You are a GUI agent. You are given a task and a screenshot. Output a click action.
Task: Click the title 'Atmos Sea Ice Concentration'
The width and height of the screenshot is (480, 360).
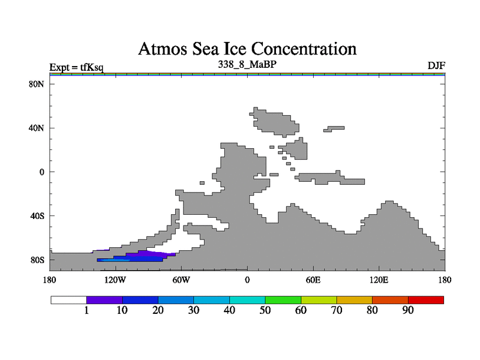tap(247, 48)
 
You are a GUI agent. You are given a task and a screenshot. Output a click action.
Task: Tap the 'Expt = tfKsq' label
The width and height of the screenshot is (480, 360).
tap(76, 66)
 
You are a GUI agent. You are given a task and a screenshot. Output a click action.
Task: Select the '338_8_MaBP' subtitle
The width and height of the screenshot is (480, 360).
tap(247, 62)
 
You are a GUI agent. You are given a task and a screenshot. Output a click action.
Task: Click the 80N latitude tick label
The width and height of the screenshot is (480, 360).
tap(37, 84)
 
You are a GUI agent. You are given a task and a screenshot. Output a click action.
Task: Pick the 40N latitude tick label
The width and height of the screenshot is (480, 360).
tap(37, 128)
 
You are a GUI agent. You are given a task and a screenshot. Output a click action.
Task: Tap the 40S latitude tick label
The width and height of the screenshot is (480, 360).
tap(37, 215)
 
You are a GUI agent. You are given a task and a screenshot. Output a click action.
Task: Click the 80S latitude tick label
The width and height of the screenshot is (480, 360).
tap(37, 260)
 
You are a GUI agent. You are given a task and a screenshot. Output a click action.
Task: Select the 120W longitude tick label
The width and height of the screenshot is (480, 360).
tap(115, 280)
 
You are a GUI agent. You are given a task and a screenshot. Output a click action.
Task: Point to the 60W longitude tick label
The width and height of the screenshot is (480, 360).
tap(181, 280)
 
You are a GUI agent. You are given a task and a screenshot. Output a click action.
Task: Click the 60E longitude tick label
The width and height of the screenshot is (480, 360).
tap(313, 280)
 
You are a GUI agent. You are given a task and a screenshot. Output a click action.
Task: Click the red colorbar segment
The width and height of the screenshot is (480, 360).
tap(426, 299)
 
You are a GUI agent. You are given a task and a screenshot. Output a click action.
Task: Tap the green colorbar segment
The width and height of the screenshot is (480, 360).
tap(283, 299)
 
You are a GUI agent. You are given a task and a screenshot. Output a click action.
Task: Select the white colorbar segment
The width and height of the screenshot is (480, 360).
tap(68, 299)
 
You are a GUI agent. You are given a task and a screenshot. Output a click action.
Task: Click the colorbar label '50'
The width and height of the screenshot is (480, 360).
tap(265, 311)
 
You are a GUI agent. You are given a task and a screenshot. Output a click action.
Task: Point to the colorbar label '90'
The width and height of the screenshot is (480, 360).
tap(408, 311)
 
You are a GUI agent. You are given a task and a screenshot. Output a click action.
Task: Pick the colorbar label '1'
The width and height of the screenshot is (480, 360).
tap(86, 311)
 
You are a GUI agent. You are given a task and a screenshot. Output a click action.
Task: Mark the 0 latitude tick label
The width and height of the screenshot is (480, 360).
tap(41, 172)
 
